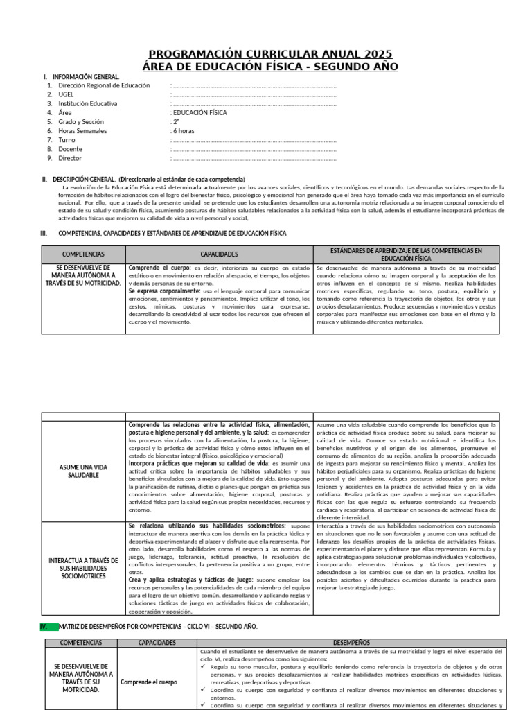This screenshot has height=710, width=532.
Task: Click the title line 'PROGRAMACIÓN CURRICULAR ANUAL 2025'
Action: click(271, 54)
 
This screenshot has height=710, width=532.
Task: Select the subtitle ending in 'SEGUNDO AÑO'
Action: click(271, 66)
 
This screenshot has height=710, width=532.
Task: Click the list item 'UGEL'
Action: click(66, 94)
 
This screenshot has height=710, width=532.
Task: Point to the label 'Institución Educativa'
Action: click(88, 103)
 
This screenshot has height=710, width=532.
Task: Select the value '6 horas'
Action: click(183, 130)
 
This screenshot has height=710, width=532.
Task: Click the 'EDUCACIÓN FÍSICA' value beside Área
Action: click(199, 112)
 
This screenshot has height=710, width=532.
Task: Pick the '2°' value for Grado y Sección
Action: click(175, 121)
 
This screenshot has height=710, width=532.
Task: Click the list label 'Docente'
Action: click(71, 148)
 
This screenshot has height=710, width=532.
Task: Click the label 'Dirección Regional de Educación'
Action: click(105, 85)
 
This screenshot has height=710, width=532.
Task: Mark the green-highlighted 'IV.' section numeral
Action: click(46, 626)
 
